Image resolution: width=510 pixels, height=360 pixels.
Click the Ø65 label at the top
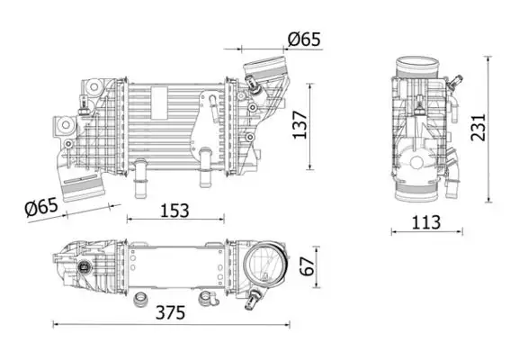tap(303, 39)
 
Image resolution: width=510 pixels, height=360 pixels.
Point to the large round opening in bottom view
tap(267, 265)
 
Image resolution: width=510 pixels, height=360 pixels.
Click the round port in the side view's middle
tap(415, 165)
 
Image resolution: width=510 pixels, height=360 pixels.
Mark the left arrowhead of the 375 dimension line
tap(57, 324)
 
